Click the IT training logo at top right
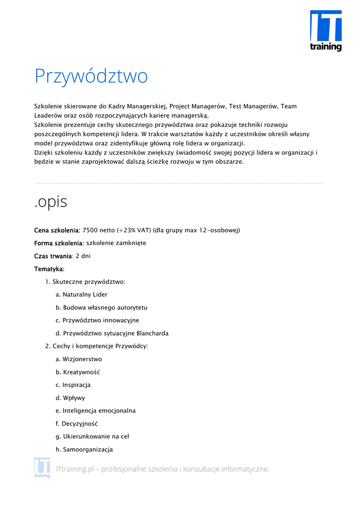click(x=326, y=31)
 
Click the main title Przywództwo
click(x=91, y=76)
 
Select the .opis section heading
click(x=51, y=202)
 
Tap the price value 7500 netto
click(x=98, y=230)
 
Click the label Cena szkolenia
click(x=57, y=230)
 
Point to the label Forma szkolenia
click(x=59, y=243)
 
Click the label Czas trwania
click(x=53, y=256)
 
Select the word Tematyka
click(x=49, y=269)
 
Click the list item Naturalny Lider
click(x=85, y=295)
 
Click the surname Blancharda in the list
click(x=152, y=333)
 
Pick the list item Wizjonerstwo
click(x=82, y=359)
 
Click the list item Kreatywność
click(x=81, y=372)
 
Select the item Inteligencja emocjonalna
click(x=99, y=411)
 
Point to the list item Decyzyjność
click(x=79, y=424)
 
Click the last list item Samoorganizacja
click(x=87, y=449)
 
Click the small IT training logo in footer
click(x=42, y=468)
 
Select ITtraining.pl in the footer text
click(x=75, y=469)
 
